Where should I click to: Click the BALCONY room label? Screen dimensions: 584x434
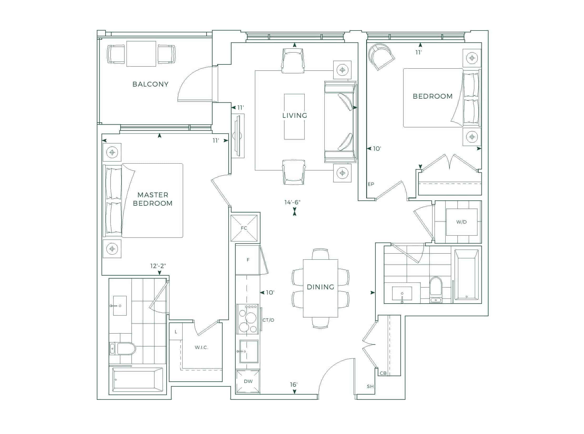(150, 84)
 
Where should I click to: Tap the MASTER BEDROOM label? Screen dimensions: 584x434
(153, 199)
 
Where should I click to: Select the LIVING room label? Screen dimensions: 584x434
(295, 115)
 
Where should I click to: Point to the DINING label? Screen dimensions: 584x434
(320, 287)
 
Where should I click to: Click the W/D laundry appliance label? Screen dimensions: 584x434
(461, 222)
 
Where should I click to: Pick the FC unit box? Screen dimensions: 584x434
(244, 228)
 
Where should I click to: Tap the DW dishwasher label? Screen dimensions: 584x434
(248, 381)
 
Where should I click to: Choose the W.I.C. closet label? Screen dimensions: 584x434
(202, 347)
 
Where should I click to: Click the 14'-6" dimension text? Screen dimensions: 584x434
(292, 202)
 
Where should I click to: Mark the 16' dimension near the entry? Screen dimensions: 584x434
(294, 385)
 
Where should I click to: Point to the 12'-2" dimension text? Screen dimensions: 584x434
(158, 266)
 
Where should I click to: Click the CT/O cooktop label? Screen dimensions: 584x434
(268, 320)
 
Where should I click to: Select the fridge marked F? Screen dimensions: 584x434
(248, 260)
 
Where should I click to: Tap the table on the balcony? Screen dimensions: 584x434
(141, 54)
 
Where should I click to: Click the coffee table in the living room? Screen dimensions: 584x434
(294, 117)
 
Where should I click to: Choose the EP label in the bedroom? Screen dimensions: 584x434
(371, 184)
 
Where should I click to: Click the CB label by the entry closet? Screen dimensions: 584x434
(383, 373)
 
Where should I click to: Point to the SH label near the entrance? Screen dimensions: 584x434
(370, 386)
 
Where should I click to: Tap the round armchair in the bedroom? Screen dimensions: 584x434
(381, 57)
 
